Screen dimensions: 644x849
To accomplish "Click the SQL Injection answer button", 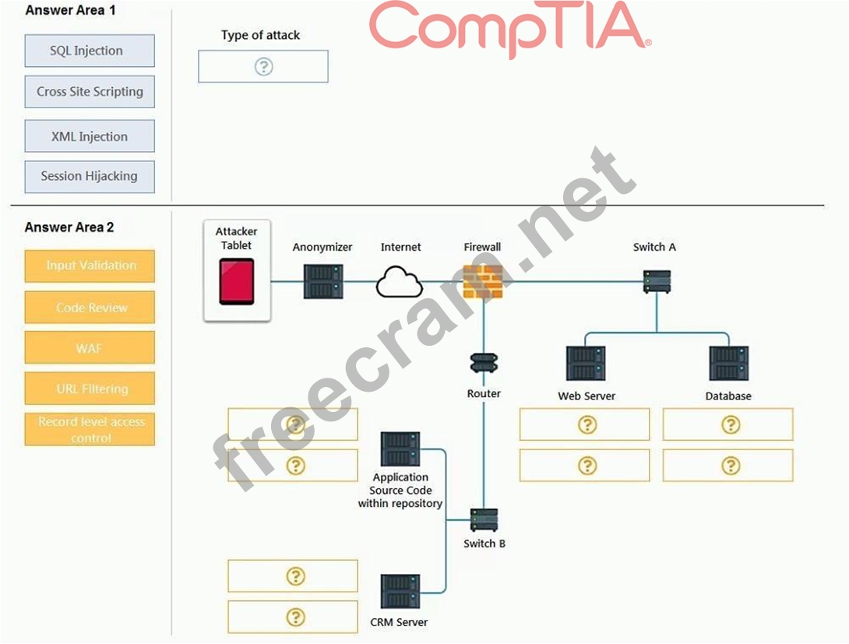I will click(90, 51).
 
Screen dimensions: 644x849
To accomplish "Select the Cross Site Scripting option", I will click(90, 91).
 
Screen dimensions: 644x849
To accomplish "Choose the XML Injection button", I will click(90, 136).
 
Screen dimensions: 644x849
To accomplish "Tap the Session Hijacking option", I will click(90, 176).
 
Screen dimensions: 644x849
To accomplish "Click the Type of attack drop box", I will click(263, 67).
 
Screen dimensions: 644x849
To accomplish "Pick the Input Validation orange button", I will click(90, 266).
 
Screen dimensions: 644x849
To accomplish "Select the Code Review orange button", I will click(90, 308).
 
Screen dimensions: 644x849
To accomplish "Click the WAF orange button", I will click(90, 348).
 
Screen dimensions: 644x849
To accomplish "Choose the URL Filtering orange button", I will click(90, 389).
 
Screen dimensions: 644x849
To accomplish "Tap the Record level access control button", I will click(90, 429).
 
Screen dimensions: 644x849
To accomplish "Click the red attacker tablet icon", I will click(237, 282).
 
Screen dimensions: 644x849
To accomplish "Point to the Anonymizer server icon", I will click(323, 281).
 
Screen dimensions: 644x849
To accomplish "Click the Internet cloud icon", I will click(400, 283).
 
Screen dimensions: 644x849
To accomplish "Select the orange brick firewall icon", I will click(483, 282).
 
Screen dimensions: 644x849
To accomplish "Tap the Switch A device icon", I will click(657, 281).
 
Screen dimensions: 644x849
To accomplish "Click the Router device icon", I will click(484, 363).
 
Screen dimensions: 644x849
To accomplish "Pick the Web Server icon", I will click(586, 364).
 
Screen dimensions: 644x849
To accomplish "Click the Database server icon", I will click(728, 364).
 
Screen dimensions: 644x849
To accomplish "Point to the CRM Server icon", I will click(400, 592).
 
